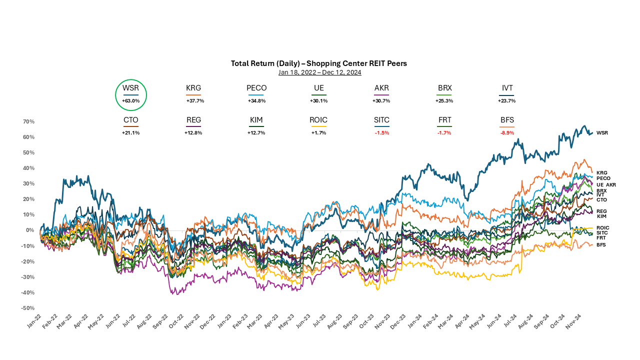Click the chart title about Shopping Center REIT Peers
tap(319, 63)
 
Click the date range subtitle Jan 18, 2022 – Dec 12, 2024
tap(319, 72)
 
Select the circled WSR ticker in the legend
tap(131, 88)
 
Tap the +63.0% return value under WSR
tap(131, 100)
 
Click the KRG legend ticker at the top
tap(193, 88)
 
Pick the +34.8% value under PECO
tap(256, 100)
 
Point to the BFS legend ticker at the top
tap(507, 120)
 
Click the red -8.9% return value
tap(507, 132)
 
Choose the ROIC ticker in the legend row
tap(318, 120)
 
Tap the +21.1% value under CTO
tap(131, 132)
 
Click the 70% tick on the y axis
tap(28, 121)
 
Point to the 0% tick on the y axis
tap(30, 230)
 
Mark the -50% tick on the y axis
tap(27, 308)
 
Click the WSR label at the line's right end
tap(602, 133)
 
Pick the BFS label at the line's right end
tap(601, 244)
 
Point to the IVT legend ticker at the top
tap(507, 88)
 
